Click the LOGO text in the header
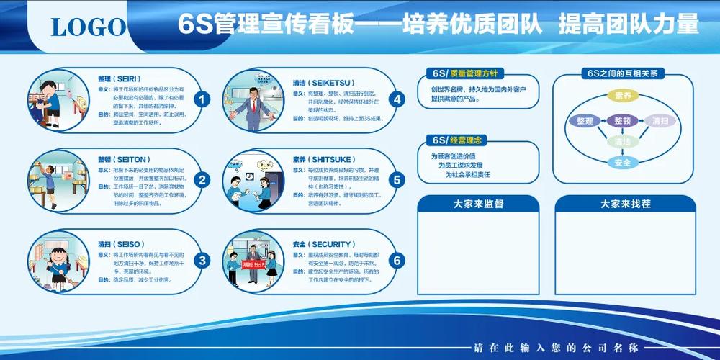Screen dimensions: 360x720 tap(88, 27)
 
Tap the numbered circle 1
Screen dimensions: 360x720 tap(204, 99)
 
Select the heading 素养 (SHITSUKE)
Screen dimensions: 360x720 tap(319, 160)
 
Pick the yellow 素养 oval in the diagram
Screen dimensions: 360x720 tap(623, 96)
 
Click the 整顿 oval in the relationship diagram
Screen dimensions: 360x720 tap(623, 121)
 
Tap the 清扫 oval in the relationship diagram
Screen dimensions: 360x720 tap(660, 121)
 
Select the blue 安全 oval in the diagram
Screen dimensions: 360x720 tap(623, 163)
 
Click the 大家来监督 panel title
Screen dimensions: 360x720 tap(478, 204)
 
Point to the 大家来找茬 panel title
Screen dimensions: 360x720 tap(625, 204)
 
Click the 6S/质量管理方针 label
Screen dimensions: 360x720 tap(465, 73)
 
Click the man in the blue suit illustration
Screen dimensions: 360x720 tap(252, 108)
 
